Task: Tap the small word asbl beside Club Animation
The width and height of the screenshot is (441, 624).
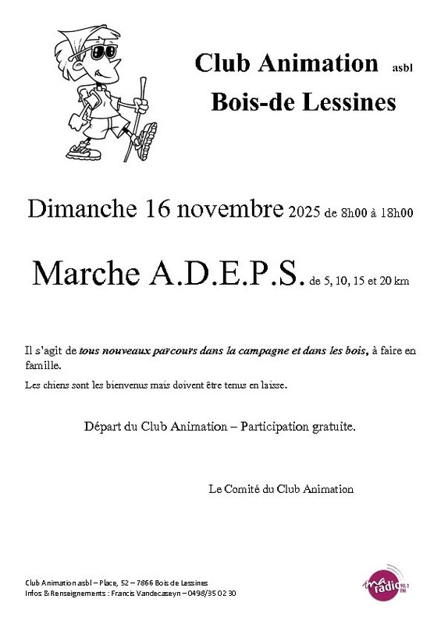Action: tap(402, 68)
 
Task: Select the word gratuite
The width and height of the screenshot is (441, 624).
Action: tap(333, 427)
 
